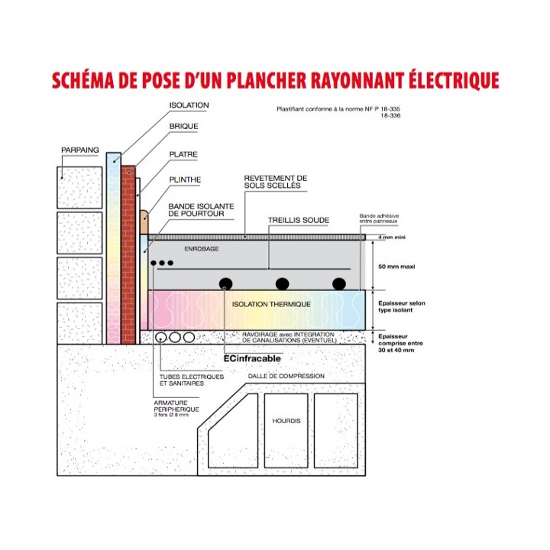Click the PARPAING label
tap(80, 150)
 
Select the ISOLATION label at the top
tap(189, 105)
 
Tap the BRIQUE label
tap(184, 126)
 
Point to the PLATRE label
tap(183, 154)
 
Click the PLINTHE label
tap(185, 180)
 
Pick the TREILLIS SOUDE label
tap(299, 220)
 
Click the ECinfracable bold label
tap(252, 358)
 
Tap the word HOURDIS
tap(286, 421)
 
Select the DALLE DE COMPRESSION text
tap(286, 376)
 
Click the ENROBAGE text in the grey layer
tap(202, 249)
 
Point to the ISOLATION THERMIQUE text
tap(271, 304)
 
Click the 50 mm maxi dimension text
tap(396, 267)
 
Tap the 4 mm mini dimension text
tap(391, 237)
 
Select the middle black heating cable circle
tap(283, 283)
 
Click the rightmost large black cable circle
tap(339, 283)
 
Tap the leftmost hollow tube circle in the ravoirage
tap(160, 338)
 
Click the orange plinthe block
tap(144, 222)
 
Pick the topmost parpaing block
tap(79, 188)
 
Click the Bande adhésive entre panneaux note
tap(379, 218)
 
